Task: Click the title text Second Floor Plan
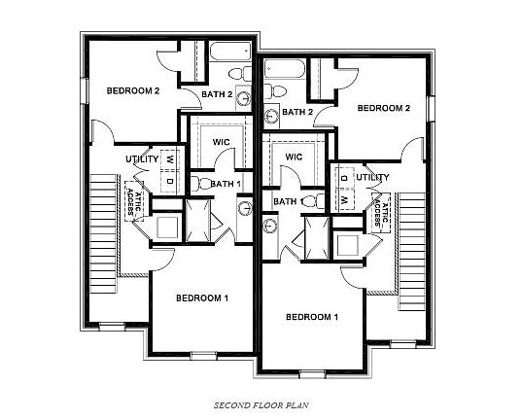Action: [261, 402]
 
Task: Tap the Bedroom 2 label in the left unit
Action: [132, 90]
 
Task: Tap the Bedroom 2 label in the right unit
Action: [383, 108]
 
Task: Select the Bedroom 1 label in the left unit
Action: [201, 297]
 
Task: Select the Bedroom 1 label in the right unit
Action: [312, 317]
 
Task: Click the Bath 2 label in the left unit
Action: [217, 94]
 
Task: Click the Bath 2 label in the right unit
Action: [296, 113]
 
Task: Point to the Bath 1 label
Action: [226, 184]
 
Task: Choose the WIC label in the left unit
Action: [222, 142]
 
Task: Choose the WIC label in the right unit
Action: [294, 157]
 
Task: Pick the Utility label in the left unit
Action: [142, 158]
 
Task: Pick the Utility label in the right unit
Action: [371, 178]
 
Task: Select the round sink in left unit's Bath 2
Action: [242, 97]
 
